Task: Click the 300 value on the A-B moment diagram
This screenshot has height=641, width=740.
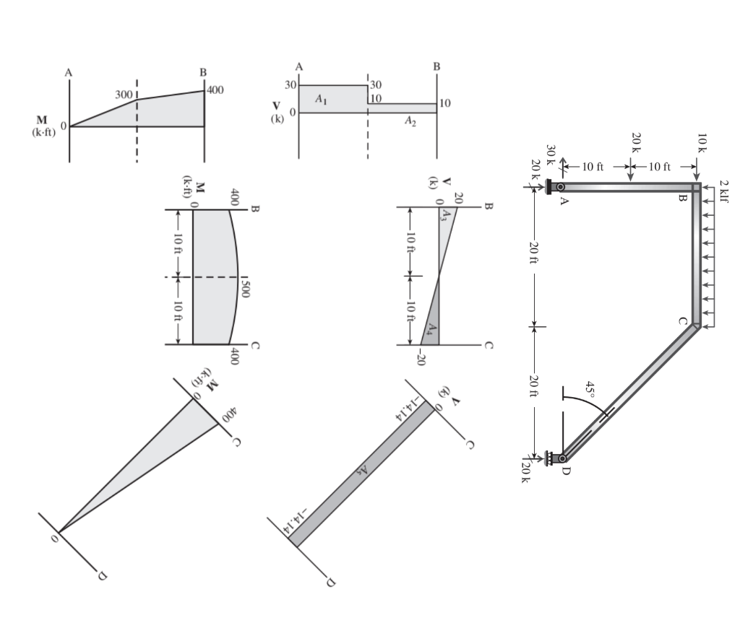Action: (x=124, y=95)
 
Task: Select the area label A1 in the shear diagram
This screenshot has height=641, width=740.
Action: (x=321, y=99)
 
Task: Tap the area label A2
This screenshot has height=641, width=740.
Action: (x=410, y=120)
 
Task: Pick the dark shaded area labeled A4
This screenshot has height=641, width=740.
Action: (x=430, y=329)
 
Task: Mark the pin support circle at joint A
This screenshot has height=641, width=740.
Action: (x=561, y=187)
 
